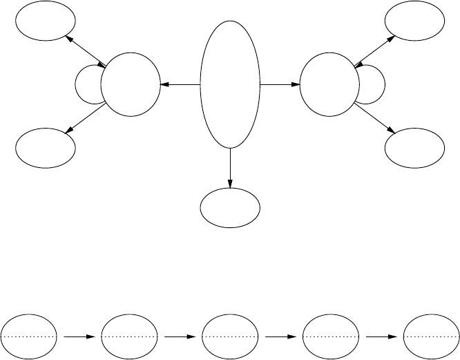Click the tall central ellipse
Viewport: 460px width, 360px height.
click(x=230, y=84)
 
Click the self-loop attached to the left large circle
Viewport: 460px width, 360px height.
click(x=86, y=85)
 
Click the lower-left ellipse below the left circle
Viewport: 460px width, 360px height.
click(x=45, y=147)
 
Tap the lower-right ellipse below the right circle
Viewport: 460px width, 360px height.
click(x=414, y=147)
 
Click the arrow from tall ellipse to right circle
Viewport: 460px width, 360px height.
click(x=280, y=85)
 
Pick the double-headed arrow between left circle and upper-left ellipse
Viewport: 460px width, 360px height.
click(x=85, y=51)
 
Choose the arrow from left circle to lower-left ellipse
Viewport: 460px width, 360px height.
click(x=85, y=119)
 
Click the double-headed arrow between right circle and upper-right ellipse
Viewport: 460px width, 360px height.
click(x=375, y=51)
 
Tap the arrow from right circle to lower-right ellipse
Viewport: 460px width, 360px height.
click(x=375, y=119)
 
